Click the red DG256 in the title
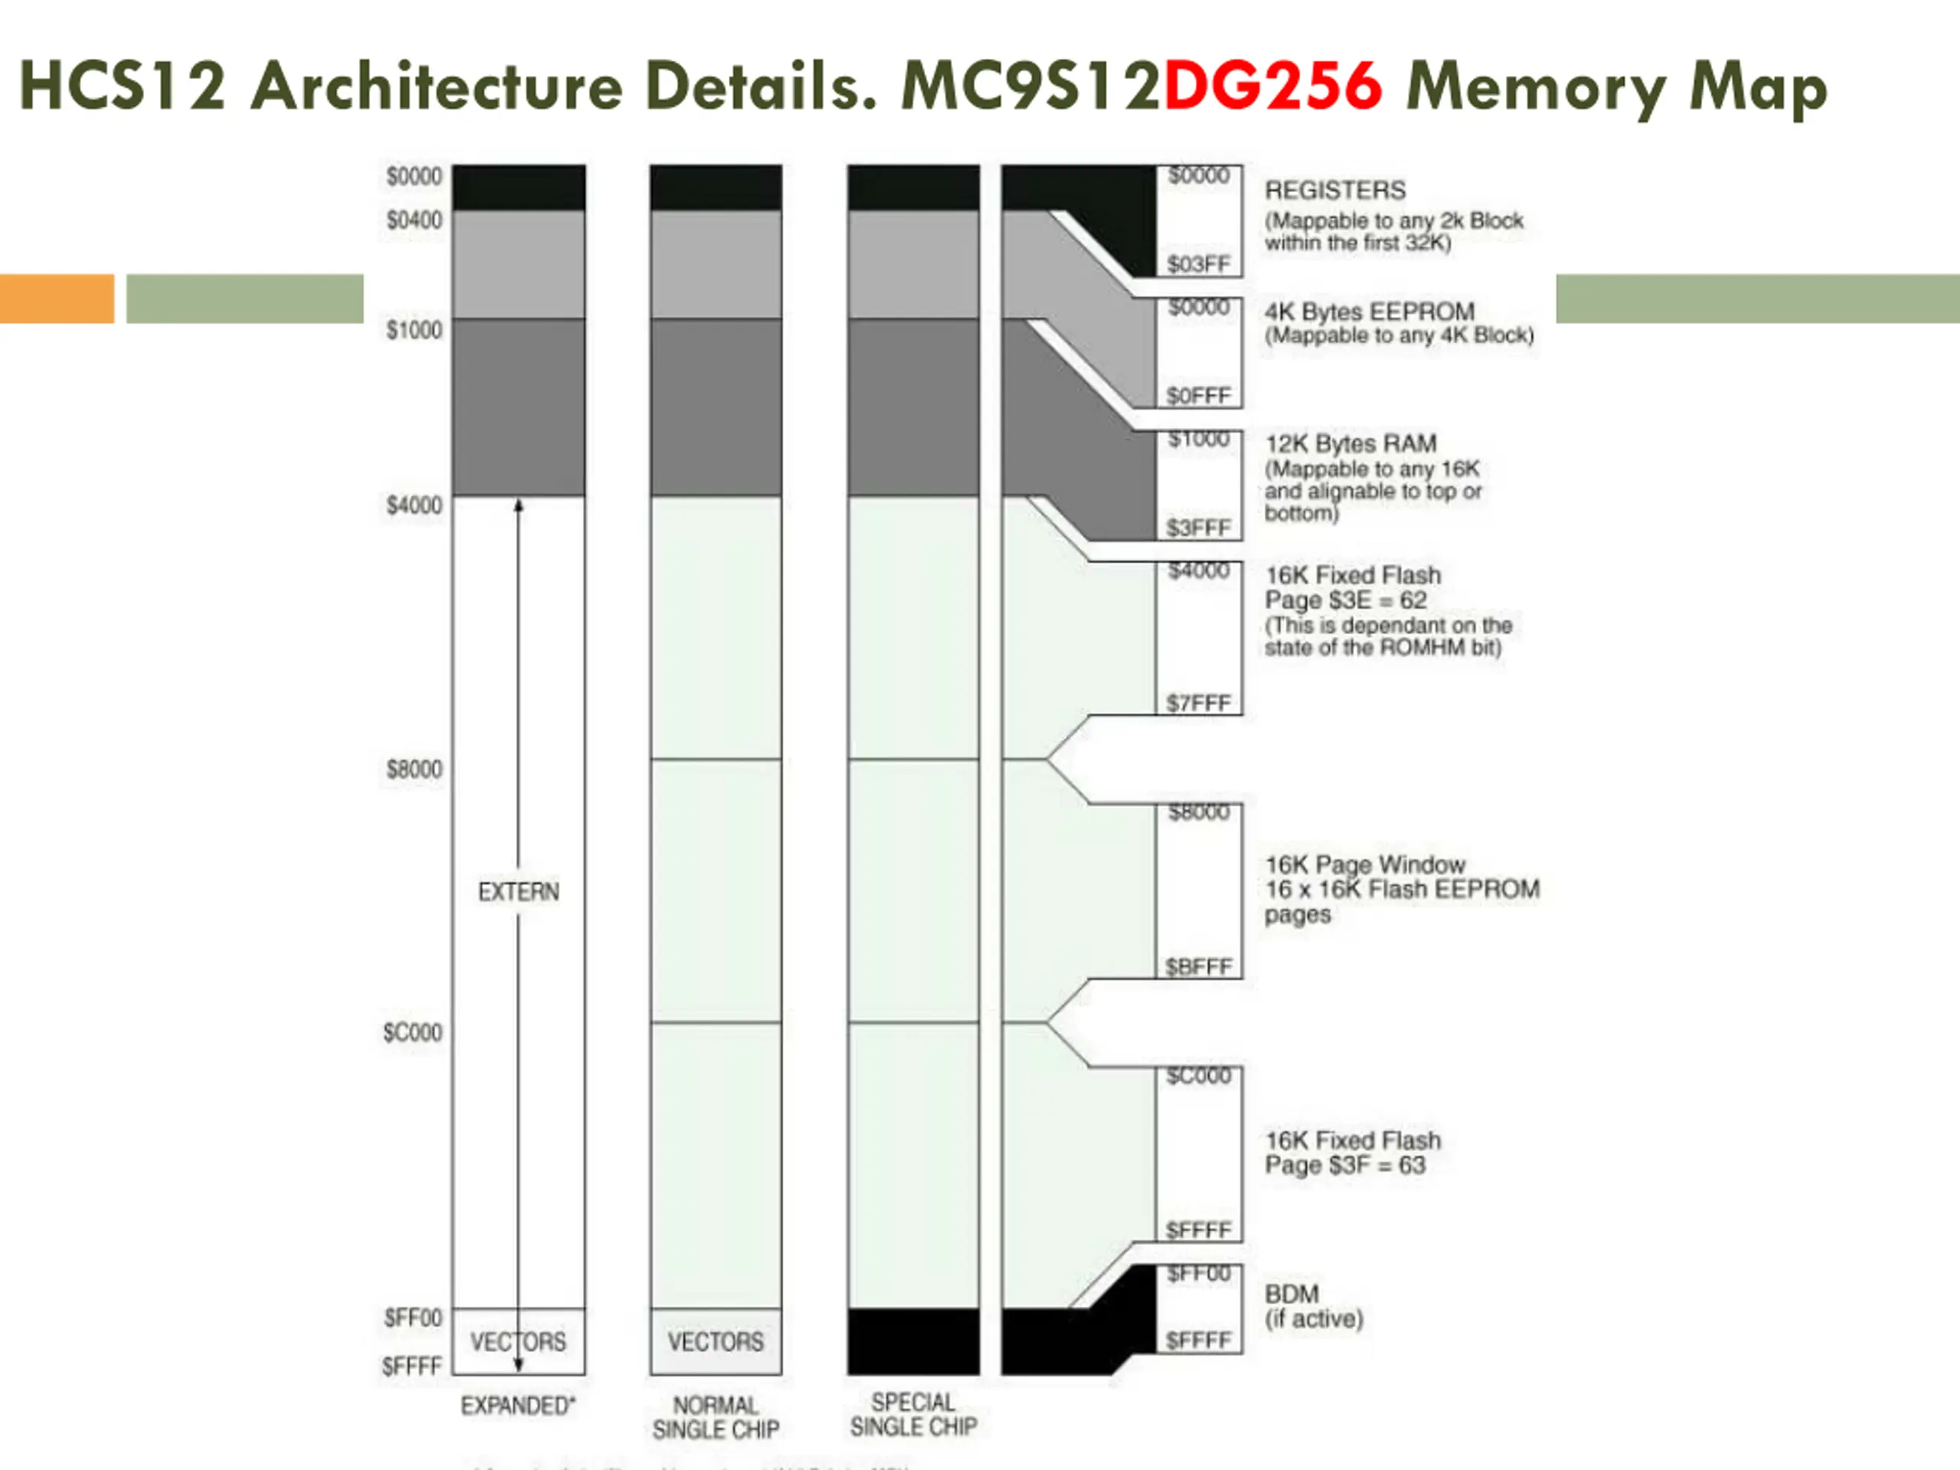click(x=1272, y=87)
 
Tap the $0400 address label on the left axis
click(x=413, y=220)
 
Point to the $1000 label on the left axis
click(x=413, y=330)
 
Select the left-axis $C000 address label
click(x=412, y=1032)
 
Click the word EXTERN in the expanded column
click(x=518, y=891)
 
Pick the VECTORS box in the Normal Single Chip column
click(x=716, y=1341)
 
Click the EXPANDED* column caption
click(x=518, y=1406)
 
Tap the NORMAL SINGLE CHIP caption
click(x=716, y=1418)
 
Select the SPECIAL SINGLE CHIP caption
click(x=913, y=1414)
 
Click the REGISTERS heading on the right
click(x=1335, y=191)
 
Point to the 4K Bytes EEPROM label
click(x=1370, y=312)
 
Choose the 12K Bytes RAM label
click(x=1351, y=443)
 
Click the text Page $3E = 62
click(x=1346, y=600)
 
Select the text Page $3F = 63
click(x=1345, y=1165)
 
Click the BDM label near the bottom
click(x=1292, y=1294)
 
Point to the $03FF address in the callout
click(x=1199, y=264)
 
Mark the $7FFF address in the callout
click(x=1199, y=704)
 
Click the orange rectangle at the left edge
click(x=57, y=299)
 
